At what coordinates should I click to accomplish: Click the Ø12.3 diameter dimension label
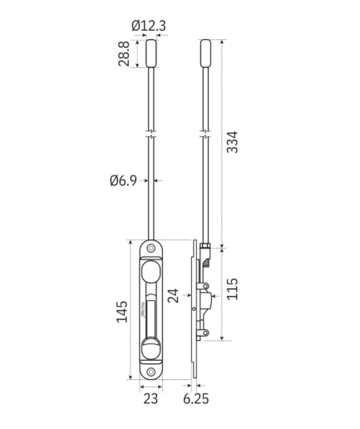click(x=149, y=26)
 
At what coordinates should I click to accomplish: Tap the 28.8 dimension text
click(x=124, y=54)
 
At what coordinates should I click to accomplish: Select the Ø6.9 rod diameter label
click(x=123, y=180)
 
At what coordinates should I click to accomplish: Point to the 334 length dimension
click(x=232, y=142)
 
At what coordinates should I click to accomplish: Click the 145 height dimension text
click(x=121, y=312)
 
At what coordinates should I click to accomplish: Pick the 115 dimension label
click(x=232, y=288)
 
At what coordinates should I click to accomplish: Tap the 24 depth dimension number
click(x=173, y=296)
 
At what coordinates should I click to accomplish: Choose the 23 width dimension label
click(x=150, y=399)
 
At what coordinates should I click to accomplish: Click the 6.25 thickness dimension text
click(x=196, y=399)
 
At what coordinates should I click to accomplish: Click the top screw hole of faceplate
click(x=150, y=249)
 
